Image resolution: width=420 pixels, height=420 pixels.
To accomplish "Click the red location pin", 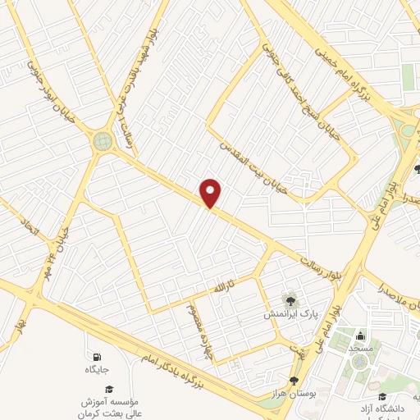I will pyautogui.click(x=212, y=193).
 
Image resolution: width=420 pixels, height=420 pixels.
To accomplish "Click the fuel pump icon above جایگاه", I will pyautogui.click(x=97, y=357).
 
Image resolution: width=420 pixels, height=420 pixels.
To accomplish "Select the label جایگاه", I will pyautogui.click(x=97, y=371).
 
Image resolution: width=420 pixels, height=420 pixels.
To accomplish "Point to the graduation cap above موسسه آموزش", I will pyautogui.click(x=109, y=389).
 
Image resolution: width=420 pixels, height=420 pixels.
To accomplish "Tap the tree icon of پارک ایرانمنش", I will pyautogui.click(x=289, y=299).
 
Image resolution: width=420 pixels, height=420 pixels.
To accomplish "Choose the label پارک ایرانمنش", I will pyautogui.click(x=286, y=314).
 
